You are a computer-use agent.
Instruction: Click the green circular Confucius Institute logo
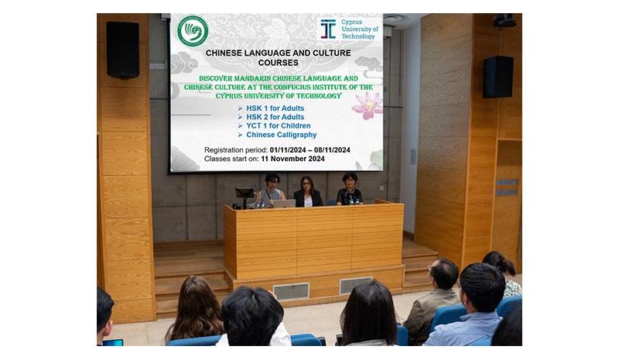[x=193, y=31]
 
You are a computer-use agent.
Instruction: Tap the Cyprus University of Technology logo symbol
[x=328, y=29]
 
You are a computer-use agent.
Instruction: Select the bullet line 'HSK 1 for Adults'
[x=271, y=108]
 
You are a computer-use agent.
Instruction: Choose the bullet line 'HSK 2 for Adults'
[x=271, y=117]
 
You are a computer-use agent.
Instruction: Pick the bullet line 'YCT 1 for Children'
[x=274, y=125]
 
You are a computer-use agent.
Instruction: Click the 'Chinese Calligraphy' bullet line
[x=277, y=135]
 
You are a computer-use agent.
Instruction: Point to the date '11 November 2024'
[x=292, y=159]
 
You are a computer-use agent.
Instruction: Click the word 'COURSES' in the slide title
[x=279, y=63]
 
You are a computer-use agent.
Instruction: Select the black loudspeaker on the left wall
[x=123, y=50]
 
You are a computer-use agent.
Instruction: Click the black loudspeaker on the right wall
[x=498, y=77]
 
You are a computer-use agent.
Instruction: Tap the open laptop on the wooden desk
[x=284, y=204]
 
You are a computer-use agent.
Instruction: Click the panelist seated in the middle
[x=307, y=192]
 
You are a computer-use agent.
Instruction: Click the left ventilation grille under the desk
[x=292, y=291]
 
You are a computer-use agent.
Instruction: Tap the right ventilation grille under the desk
[x=355, y=285]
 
